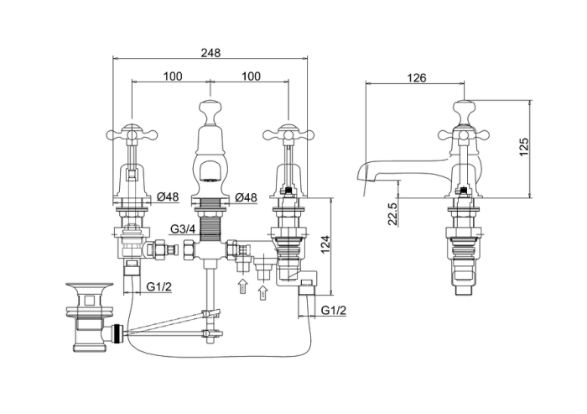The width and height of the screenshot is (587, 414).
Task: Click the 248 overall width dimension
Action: coord(210,53)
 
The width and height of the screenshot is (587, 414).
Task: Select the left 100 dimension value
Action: coord(173,76)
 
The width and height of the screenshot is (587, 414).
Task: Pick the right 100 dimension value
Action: coord(251,76)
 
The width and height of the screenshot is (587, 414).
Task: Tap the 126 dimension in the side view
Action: coord(416,77)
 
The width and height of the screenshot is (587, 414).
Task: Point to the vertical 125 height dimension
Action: coord(524,147)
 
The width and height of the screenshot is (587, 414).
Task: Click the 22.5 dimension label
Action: coord(392,214)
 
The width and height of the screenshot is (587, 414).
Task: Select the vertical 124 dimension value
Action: coord(325,244)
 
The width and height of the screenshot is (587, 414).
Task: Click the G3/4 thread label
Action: coord(183,228)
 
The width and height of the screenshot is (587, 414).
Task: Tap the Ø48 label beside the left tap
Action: coord(168,197)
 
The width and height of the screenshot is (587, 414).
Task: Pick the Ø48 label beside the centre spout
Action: coord(247,197)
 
